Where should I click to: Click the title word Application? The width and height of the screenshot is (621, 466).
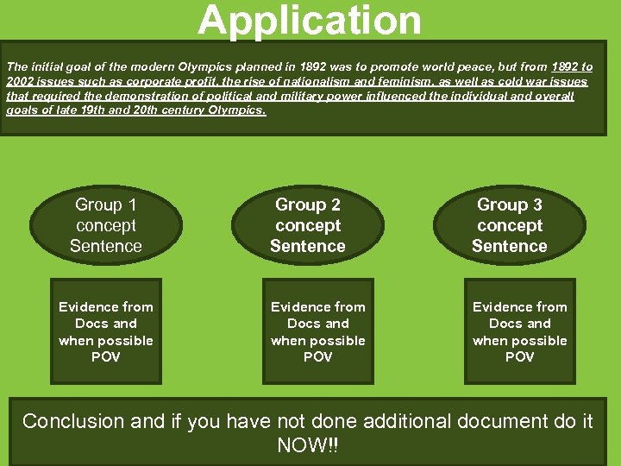(310, 21)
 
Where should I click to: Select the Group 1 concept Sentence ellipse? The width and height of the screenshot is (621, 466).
(106, 225)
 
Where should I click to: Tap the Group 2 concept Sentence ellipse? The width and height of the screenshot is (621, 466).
(308, 225)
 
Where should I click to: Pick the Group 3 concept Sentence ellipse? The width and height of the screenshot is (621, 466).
(509, 225)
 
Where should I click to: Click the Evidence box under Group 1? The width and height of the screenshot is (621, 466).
(106, 331)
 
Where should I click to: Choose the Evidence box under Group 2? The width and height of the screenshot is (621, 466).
(317, 331)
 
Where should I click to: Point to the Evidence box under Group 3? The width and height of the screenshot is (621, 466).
(519, 331)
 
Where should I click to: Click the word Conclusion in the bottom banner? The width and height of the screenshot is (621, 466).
(73, 421)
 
